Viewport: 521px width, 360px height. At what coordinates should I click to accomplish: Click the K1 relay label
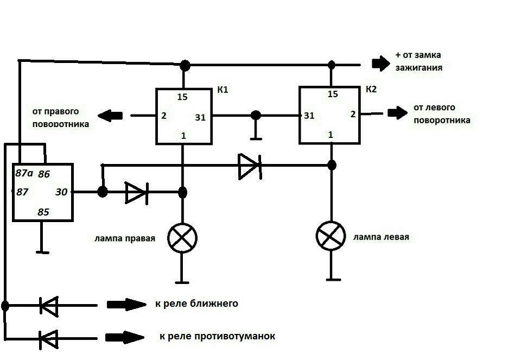click(x=223, y=90)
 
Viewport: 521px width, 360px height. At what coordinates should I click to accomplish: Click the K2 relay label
click(x=371, y=89)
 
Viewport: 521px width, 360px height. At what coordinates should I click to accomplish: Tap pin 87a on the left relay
click(x=24, y=173)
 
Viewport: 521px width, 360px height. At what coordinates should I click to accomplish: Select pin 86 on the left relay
click(x=44, y=174)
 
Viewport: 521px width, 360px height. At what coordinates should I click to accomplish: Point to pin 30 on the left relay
click(x=61, y=192)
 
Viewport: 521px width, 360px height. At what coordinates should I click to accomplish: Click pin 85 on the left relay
click(x=43, y=212)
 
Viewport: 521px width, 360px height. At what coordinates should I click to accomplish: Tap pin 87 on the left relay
click(x=22, y=192)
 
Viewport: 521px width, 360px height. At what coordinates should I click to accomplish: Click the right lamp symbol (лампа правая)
click(x=182, y=238)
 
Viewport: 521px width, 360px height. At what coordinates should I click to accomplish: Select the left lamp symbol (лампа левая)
click(x=331, y=236)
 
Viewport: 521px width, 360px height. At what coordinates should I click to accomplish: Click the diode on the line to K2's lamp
click(x=250, y=166)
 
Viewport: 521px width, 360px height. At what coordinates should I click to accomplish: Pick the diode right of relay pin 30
click(x=137, y=192)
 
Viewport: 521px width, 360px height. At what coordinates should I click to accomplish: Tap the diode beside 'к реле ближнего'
click(x=49, y=306)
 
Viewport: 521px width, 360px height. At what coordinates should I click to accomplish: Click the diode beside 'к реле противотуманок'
click(x=49, y=339)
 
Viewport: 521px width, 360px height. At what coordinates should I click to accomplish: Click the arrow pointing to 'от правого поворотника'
click(x=110, y=116)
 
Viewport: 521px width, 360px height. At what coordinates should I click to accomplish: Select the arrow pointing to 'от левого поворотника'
click(x=397, y=113)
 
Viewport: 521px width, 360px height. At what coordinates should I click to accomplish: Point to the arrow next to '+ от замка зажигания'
click(x=381, y=63)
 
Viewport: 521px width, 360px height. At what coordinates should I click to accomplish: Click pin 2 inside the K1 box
click(x=163, y=116)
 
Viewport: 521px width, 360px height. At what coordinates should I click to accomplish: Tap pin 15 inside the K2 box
click(x=333, y=94)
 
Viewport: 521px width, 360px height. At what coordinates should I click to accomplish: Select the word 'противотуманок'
click(x=234, y=337)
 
